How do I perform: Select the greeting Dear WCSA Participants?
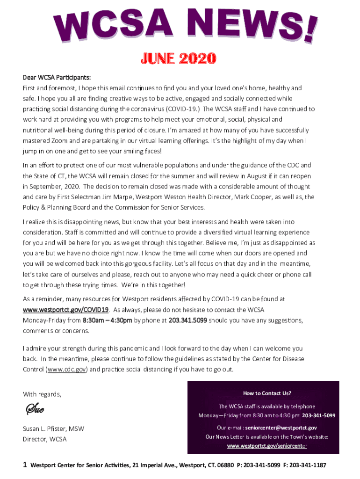pos(57,77)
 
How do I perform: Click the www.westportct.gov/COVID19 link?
pos(66,310)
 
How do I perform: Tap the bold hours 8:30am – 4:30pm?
pos(108,320)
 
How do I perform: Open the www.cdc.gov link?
pos(66,370)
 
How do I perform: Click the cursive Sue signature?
pos(35,410)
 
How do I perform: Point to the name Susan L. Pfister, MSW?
pos(54,428)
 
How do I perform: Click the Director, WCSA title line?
pos(45,439)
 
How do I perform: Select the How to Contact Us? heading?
pos(267,393)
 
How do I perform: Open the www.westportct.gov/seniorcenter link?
pos(267,446)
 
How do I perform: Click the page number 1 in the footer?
pos(25,465)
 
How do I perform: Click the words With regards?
pos(42,394)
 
